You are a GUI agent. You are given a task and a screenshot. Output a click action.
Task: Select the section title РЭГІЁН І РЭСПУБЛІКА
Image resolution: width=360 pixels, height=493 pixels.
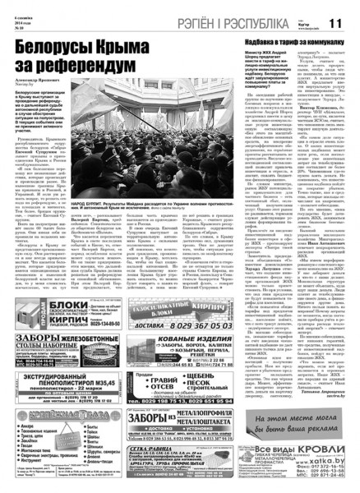(x=224, y=23)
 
